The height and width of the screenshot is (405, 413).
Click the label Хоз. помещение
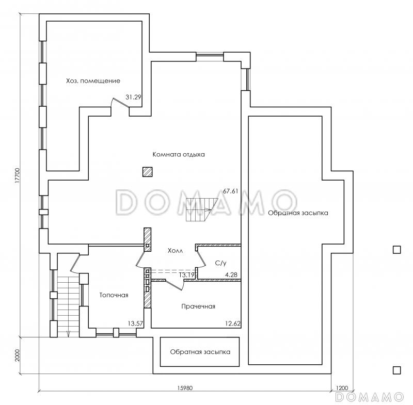tap(93, 81)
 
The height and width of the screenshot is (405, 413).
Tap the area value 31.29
tap(133, 97)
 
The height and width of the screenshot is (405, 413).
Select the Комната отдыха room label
tap(179, 154)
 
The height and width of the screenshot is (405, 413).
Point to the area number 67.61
tap(230, 191)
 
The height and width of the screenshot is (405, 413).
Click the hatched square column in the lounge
tap(148, 172)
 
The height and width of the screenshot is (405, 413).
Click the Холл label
tap(175, 251)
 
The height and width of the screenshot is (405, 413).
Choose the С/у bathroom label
tap(221, 263)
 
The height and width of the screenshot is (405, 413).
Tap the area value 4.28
tap(231, 275)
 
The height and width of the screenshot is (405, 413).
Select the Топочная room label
tap(114, 295)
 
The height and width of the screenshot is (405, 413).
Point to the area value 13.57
tap(135, 323)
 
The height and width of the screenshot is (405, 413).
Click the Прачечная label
tap(198, 306)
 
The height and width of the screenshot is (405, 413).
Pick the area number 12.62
tap(233, 323)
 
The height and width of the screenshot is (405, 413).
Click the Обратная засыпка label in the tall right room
tap(298, 213)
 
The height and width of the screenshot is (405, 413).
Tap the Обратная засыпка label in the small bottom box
tap(200, 352)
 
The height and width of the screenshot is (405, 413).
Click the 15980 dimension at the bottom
tap(185, 388)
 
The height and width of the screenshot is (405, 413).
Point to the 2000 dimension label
tap(18, 355)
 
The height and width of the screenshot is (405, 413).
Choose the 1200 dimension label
tap(342, 388)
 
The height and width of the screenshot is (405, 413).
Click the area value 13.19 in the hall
tap(187, 275)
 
